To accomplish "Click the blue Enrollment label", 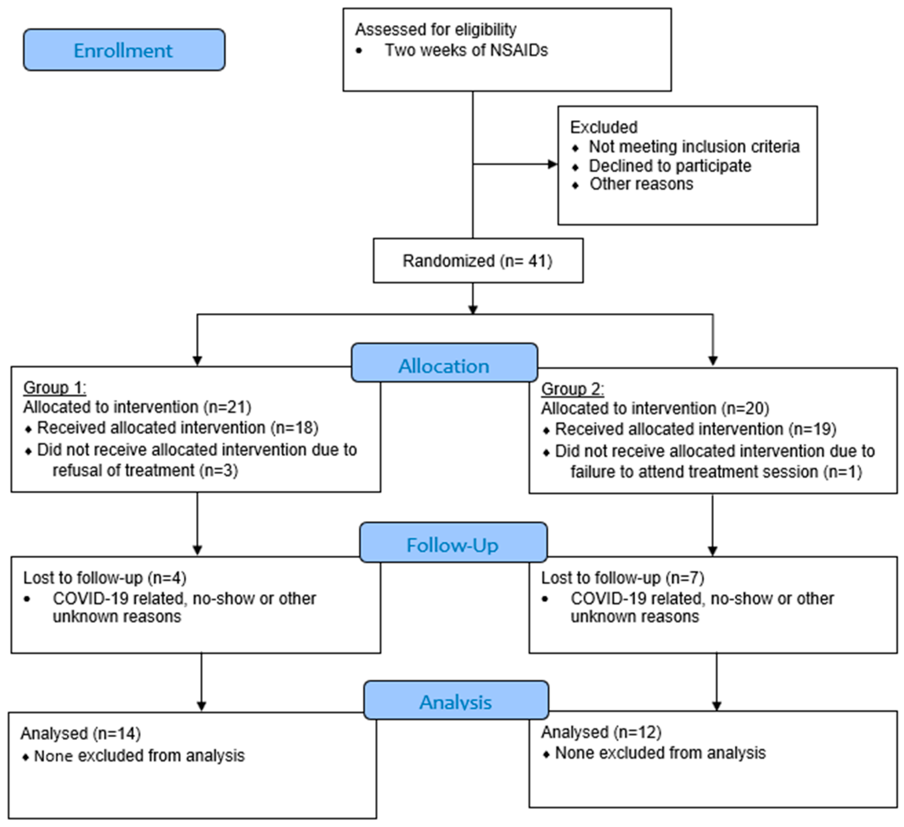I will [124, 50].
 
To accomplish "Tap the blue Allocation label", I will [444, 366].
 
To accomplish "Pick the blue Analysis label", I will [455, 702].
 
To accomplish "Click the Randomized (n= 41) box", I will [478, 261].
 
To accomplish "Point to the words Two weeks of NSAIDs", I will [466, 50].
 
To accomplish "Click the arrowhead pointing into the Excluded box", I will [553, 164].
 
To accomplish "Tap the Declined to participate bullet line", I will [669, 166].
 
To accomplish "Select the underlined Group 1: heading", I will [55, 387].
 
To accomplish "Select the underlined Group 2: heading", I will [572, 389].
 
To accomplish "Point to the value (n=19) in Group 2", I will [812, 429].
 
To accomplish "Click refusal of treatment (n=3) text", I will [145, 470].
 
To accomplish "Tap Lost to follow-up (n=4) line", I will [105, 578].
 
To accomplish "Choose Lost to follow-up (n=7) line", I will [622, 578].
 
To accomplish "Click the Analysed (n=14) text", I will [81, 733].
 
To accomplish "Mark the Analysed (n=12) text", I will [601, 732].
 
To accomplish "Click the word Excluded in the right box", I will [603, 128].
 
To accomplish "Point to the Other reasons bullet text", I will [641, 184].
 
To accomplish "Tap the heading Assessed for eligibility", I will [435, 30].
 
